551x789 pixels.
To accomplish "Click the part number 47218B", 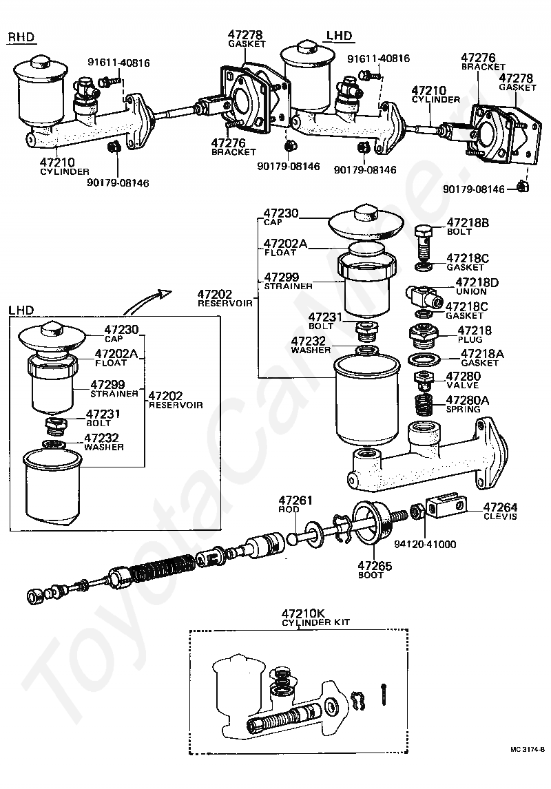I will [x=469, y=222].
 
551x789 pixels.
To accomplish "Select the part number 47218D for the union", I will [x=472, y=282].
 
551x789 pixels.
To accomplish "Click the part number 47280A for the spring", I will [x=468, y=400].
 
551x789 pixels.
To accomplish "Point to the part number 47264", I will [x=489, y=507].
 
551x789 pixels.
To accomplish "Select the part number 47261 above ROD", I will [x=295, y=500].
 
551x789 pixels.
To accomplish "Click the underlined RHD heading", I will [x=21, y=37].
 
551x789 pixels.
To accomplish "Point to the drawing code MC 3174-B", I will [x=528, y=749].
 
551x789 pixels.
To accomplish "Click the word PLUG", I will [x=470, y=339].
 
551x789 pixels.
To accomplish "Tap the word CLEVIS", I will [x=500, y=516].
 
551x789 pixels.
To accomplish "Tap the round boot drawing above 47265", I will [x=373, y=524].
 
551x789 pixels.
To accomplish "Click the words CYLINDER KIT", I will [x=316, y=622].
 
